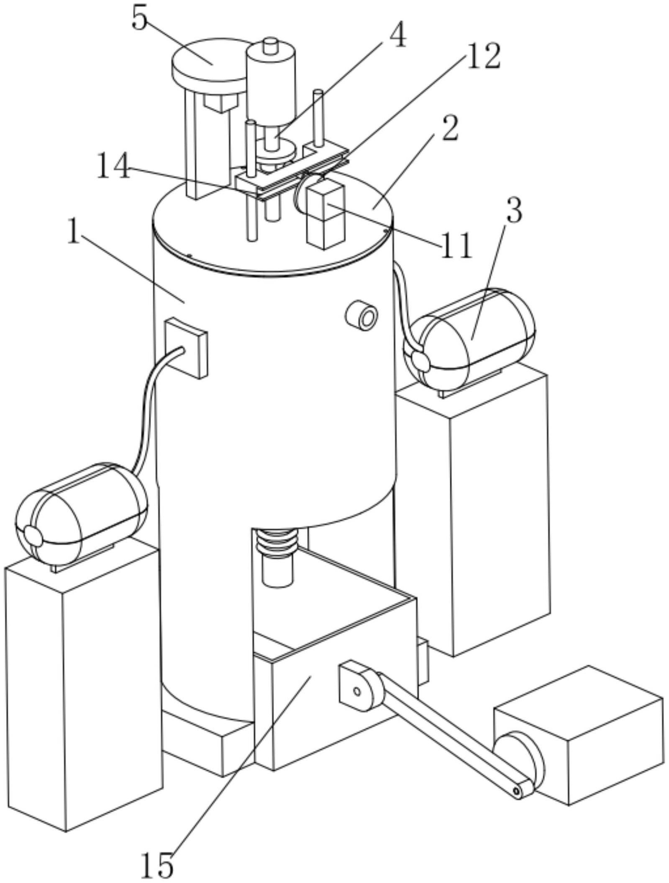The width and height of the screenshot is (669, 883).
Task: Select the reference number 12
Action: point(483,57)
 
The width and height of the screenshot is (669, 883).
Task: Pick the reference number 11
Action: point(456,246)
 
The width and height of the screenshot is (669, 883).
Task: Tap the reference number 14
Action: point(113,166)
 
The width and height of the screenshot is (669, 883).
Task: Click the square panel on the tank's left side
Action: point(186,347)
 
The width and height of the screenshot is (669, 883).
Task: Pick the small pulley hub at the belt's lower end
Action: point(517,791)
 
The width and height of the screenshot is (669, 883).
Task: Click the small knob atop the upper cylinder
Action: point(271,44)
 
